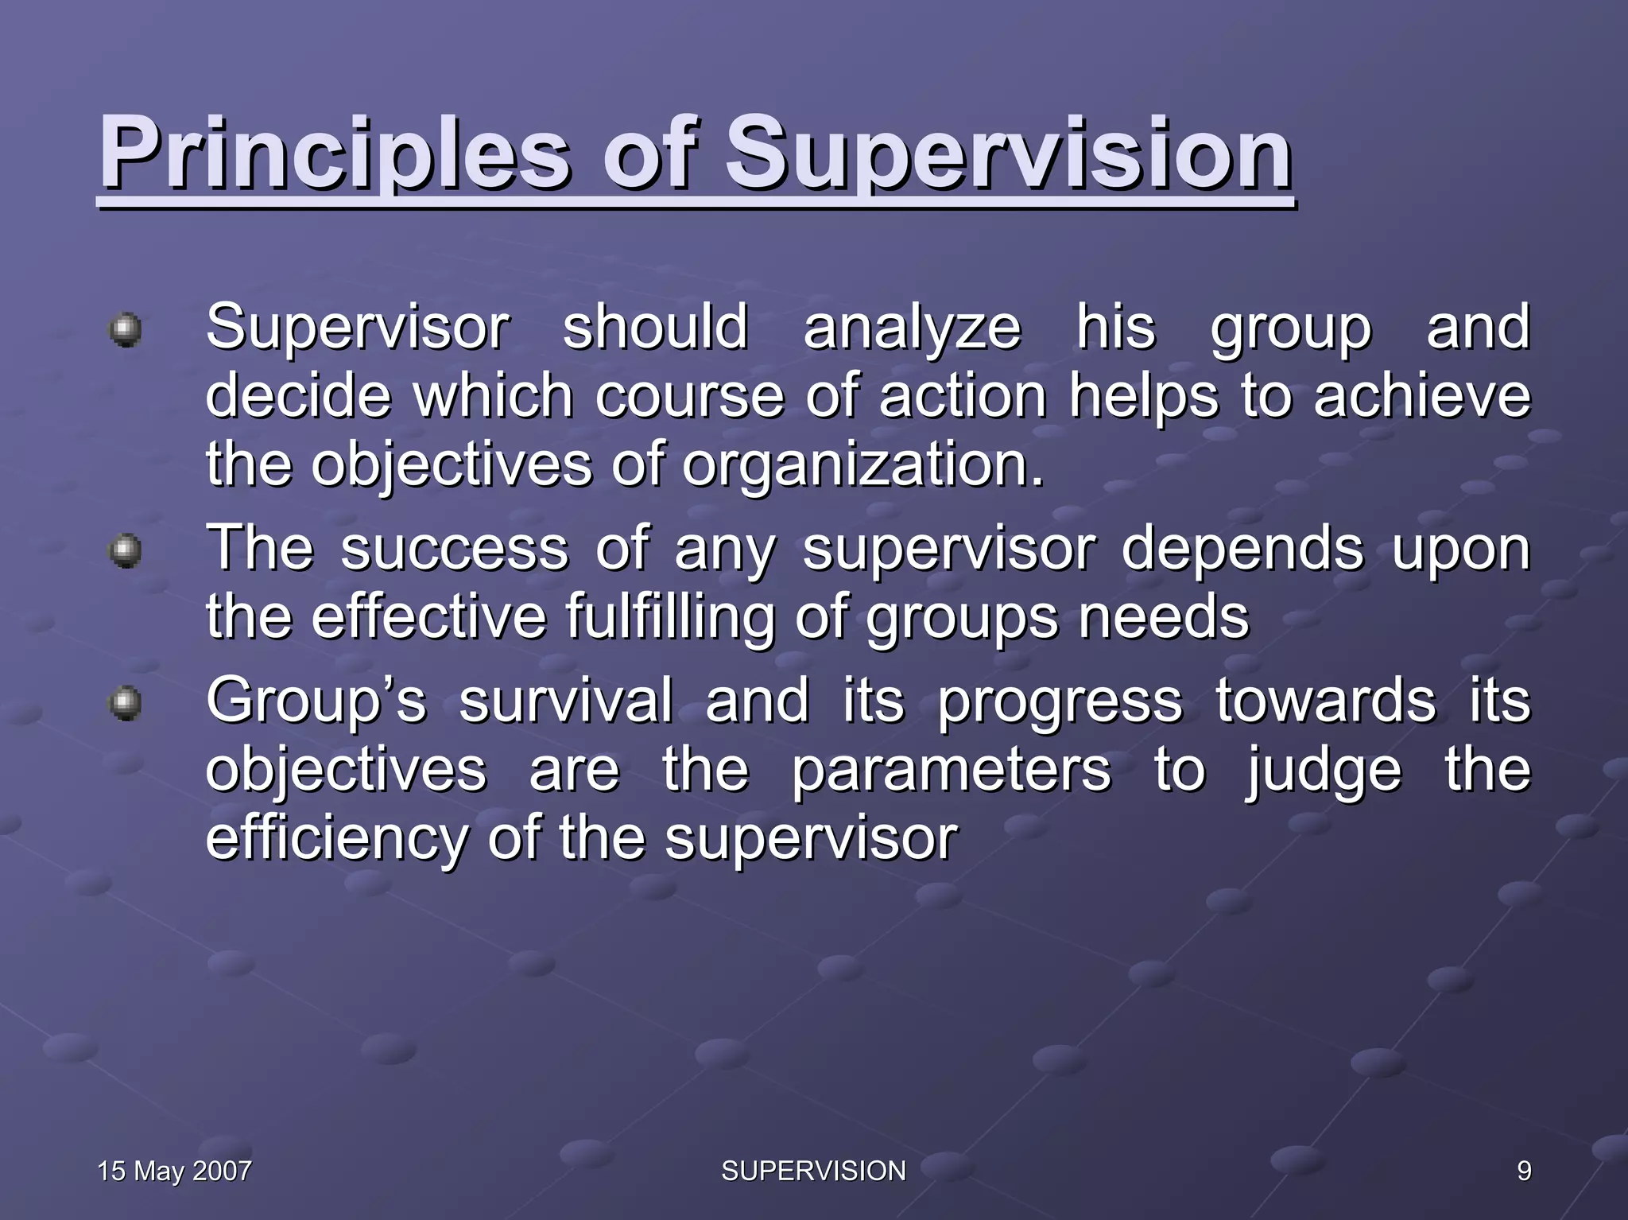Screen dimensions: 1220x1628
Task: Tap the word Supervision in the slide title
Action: (x=1008, y=153)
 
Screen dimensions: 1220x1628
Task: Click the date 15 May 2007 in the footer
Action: (x=174, y=1171)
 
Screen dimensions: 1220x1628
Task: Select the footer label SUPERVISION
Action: (x=813, y=1171)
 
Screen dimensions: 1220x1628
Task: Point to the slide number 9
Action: (x=1524, y=1171)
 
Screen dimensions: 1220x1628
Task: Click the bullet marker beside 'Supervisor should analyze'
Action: (x=126, y=329)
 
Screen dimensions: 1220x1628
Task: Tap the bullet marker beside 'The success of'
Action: (x=126, y=550)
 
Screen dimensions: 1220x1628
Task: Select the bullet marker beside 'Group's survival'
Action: (x=126, y=702)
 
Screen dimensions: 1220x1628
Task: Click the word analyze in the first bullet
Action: (x=912, y=328)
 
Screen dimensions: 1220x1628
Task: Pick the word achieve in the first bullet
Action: (x=1421, y=396)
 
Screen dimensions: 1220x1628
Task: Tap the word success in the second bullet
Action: (x=455, y=549)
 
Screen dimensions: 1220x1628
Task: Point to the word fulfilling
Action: (x=669, y=617)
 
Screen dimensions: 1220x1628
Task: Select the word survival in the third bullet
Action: (x=565, y=701)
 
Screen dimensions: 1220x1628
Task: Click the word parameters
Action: (x=951, y=770)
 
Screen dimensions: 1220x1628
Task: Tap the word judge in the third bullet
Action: (x=1324, y=770)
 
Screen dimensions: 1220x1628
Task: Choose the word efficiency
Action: (x=337, y=838)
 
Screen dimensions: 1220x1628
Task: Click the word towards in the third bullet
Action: (x=1325, y=701)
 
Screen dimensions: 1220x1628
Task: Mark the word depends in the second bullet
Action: (x=1242, y=549)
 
